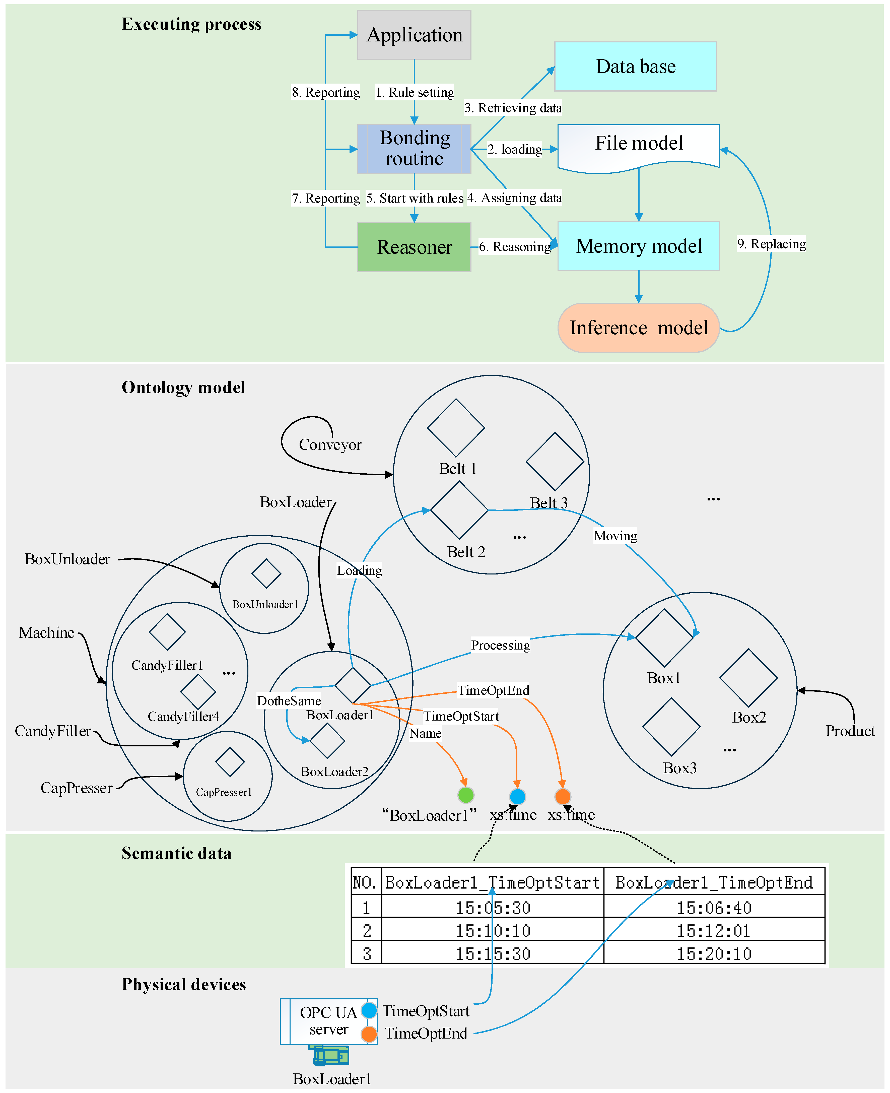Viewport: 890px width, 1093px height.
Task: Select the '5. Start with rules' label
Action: click(x=414, y=199)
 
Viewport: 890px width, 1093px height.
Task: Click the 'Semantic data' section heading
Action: click(x=176, y=853)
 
